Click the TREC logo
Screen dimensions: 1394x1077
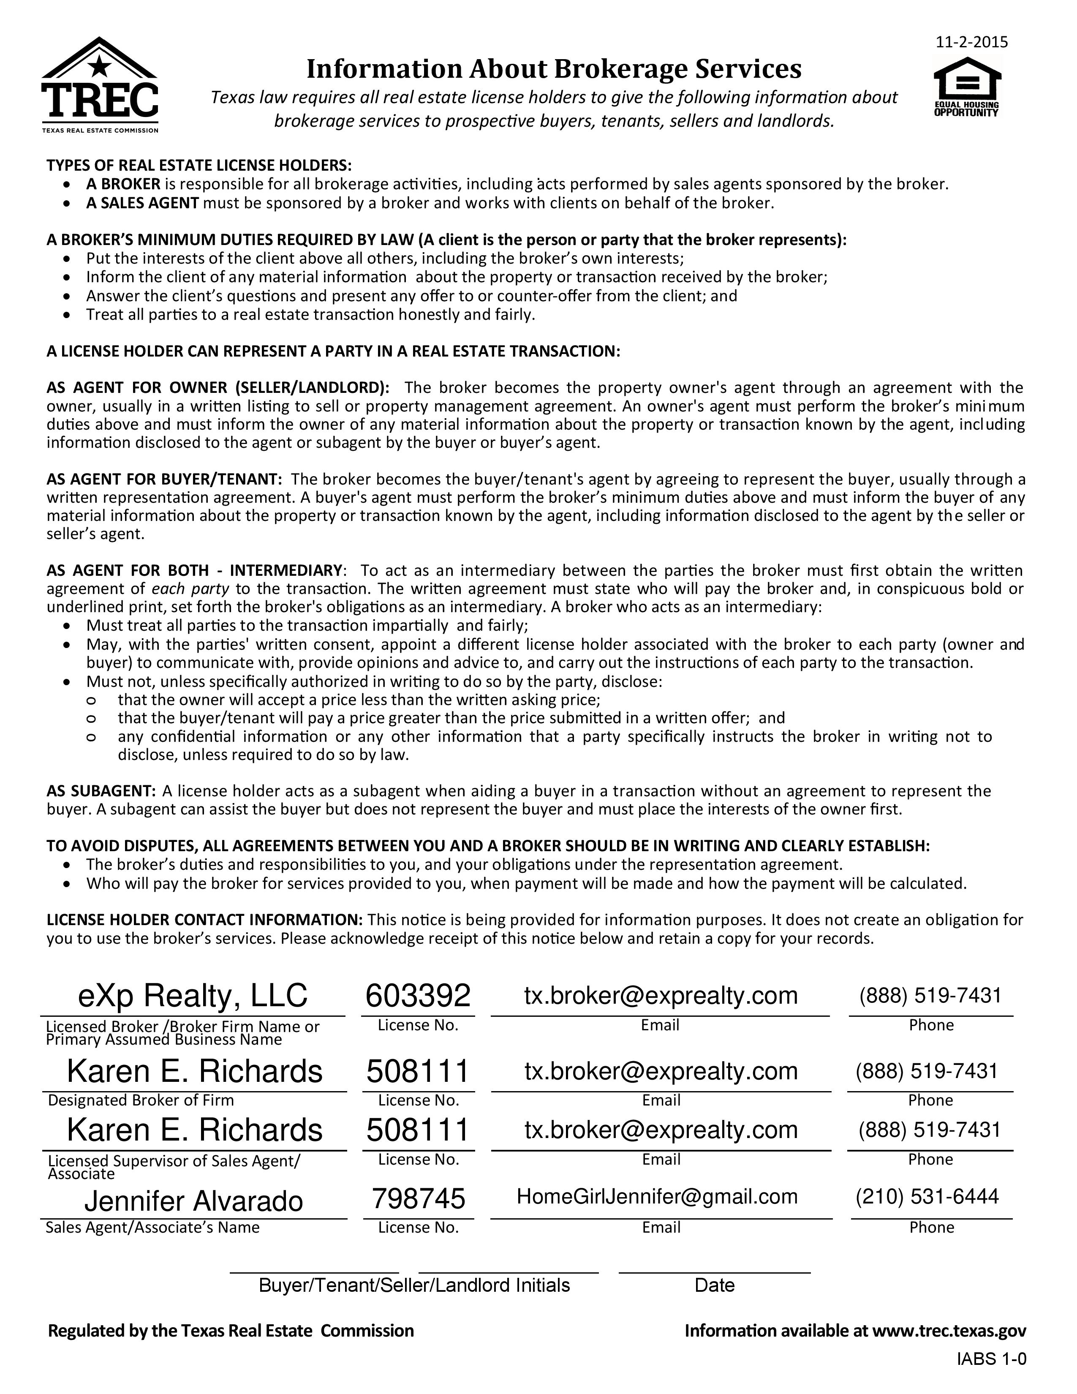100,85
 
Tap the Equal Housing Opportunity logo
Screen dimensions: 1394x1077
967,87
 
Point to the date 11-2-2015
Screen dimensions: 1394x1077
971,42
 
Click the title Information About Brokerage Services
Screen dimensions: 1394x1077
553,69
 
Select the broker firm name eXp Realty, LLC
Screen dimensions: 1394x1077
193,996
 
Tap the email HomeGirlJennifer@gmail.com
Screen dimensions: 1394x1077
657,1196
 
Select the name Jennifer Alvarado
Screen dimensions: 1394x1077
193,1201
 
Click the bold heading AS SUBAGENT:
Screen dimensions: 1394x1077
101,791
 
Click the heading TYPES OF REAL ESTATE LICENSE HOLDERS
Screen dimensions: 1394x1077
199,165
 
